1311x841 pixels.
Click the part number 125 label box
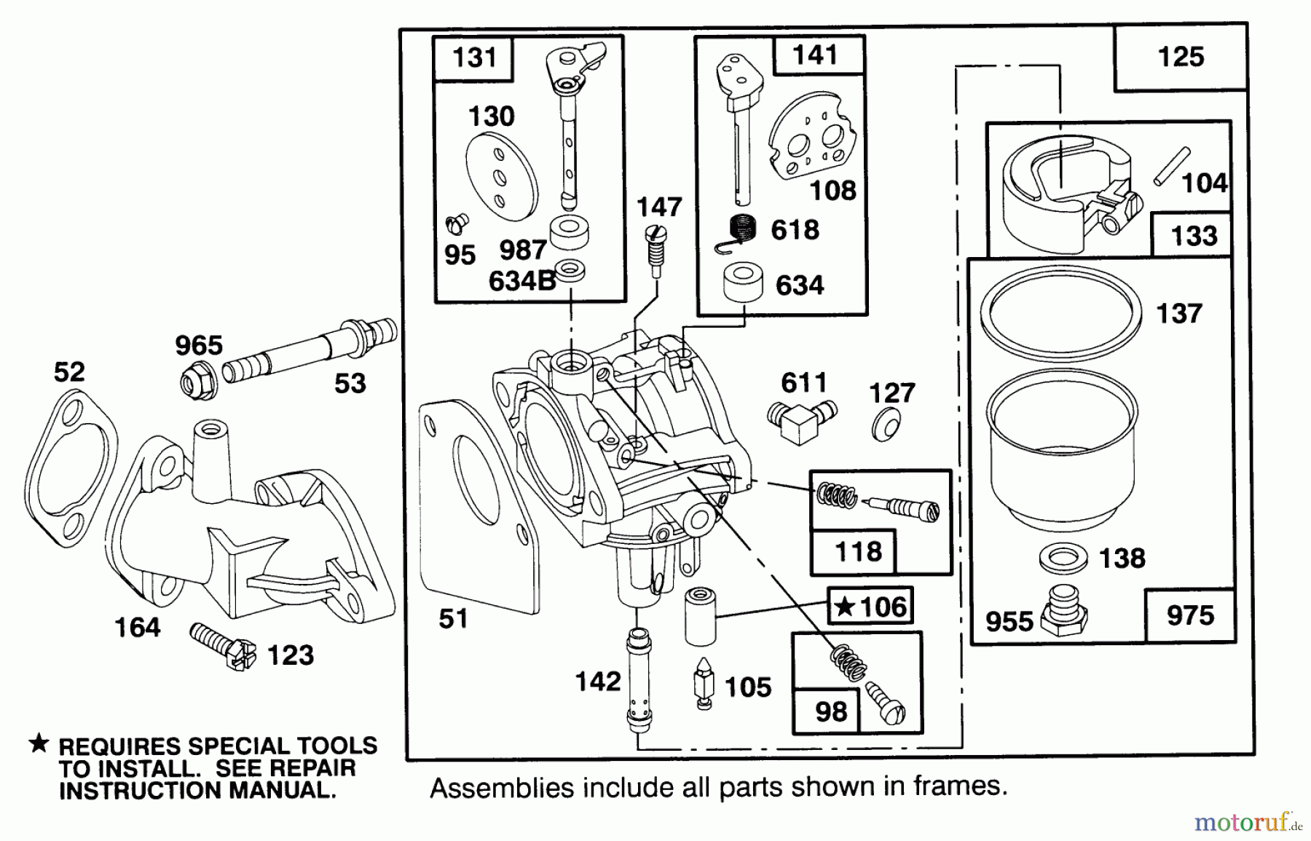tap(1181, 57)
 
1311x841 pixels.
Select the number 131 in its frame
tap(474, 57)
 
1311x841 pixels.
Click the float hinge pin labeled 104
tap(1171, 167)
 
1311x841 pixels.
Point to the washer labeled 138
tap(1063, 558)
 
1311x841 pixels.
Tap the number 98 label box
tap(830, 711)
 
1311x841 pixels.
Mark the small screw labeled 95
tap(457, 224)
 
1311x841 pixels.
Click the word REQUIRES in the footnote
tap(119, 746)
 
